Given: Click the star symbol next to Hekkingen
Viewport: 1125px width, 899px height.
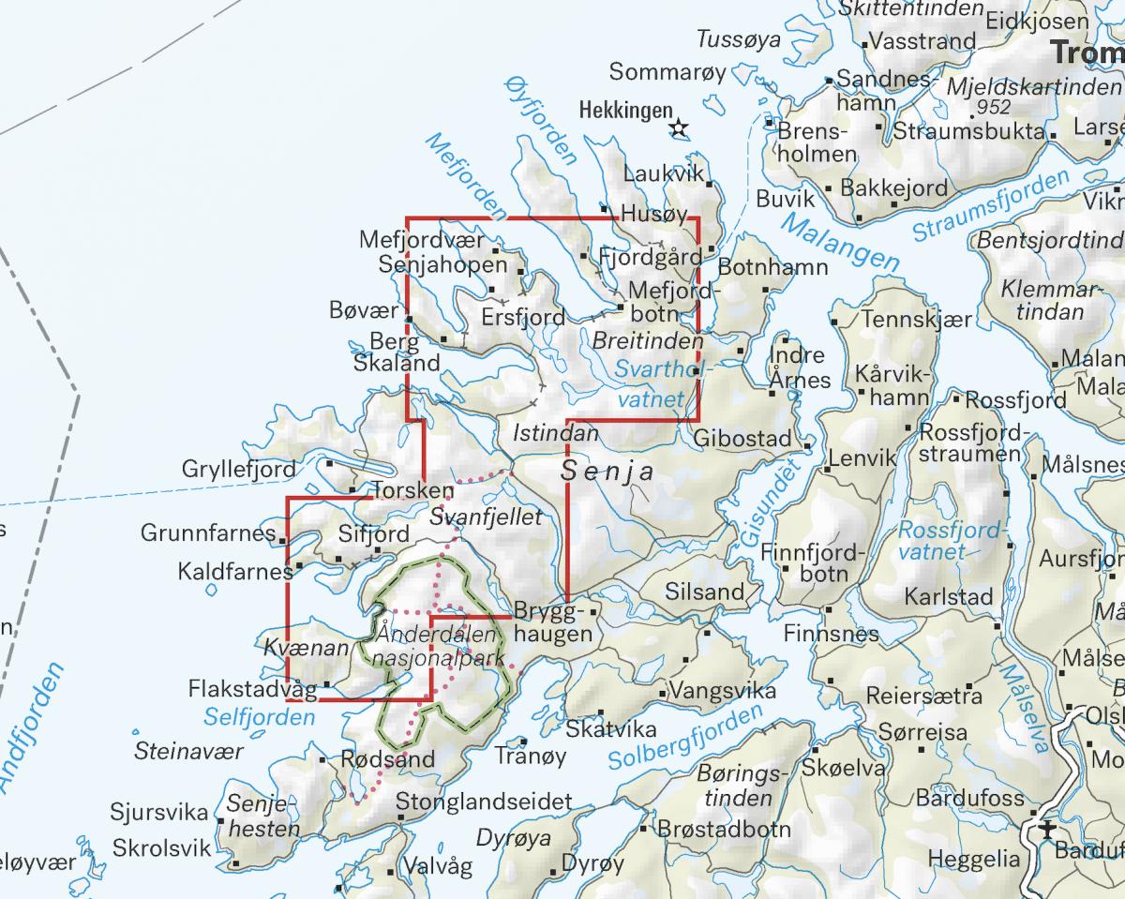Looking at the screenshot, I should [680, 128].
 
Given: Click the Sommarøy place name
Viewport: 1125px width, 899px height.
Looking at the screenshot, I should [667, 71].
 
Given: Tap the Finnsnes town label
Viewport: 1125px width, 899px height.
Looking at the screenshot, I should [832, 634].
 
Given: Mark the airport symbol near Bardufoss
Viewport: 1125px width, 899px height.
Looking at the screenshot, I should [1046, 831].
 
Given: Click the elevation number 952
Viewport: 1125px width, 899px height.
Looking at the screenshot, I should [994, 107].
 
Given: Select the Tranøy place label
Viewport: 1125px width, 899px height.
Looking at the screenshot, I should [531, 756].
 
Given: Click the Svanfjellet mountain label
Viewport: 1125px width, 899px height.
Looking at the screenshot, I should [486, 517].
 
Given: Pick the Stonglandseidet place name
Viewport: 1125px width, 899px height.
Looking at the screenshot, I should [484, 802].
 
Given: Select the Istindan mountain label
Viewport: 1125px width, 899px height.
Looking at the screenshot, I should [555, 433].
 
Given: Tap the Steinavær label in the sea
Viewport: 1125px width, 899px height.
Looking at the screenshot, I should [188, 751].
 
